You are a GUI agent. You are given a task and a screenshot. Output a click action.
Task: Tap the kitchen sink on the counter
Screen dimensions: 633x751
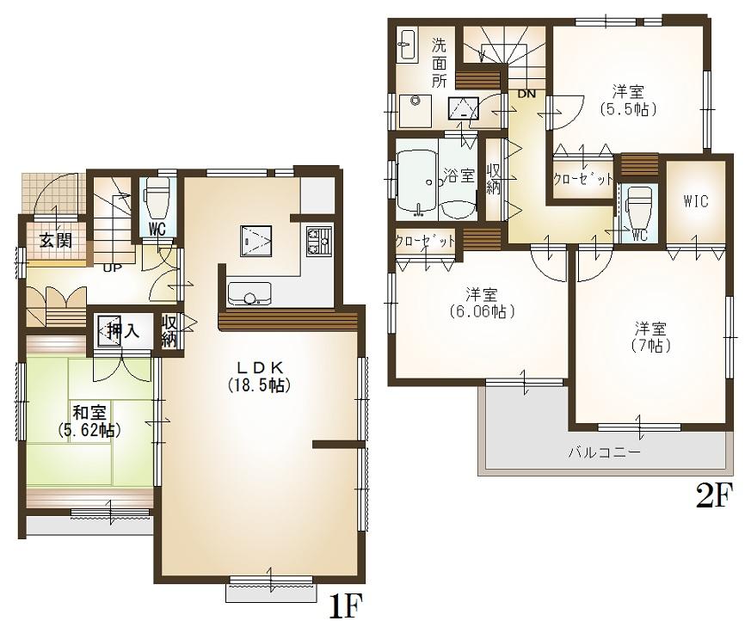(x=249, y=294)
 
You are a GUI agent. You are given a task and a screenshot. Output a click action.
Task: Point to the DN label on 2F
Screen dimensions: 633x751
(x=526, y=93)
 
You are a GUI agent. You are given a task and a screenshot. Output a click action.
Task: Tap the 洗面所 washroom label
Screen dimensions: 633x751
(x=440, y=64)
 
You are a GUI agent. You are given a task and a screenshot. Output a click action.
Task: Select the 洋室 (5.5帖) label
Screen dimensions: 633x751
(x=629, y=99)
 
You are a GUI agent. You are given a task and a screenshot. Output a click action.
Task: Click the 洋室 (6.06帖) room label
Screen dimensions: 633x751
(x=479, y=302)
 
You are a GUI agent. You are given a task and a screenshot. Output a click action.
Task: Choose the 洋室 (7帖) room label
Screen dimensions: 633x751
(x=653, y=336)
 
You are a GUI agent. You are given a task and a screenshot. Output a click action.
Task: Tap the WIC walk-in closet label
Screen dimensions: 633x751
(x=696, y=201)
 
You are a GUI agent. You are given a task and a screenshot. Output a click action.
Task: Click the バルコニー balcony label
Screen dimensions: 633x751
(x=603, y=452)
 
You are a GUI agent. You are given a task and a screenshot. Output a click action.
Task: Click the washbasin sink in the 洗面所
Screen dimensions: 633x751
(x=407, y=45)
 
